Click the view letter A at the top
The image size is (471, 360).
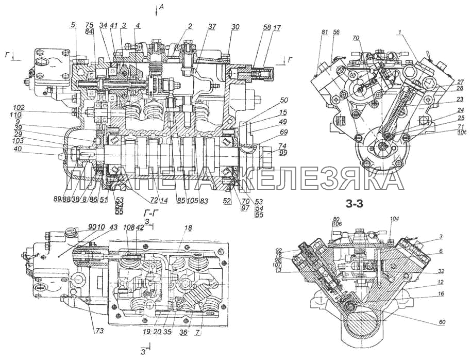tap(162, 6)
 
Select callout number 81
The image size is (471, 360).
tap(324, 32)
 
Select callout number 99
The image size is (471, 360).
tap(268, 153)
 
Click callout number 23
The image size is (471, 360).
tap(445, 100)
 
